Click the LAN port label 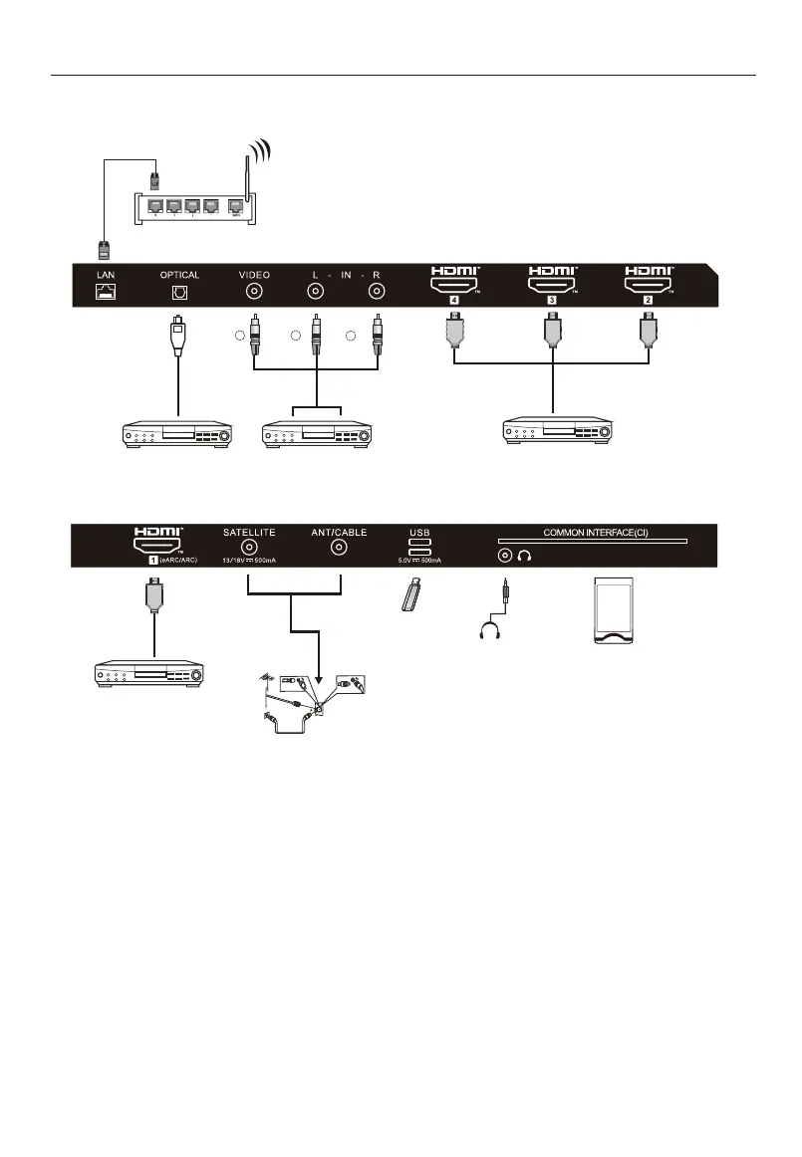click(105, 274)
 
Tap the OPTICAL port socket click(179, 293)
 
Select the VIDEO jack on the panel click(254, 293)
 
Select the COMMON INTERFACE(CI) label click(596, 533)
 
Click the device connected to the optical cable click(176, 435)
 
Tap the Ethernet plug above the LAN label click(104, 247)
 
